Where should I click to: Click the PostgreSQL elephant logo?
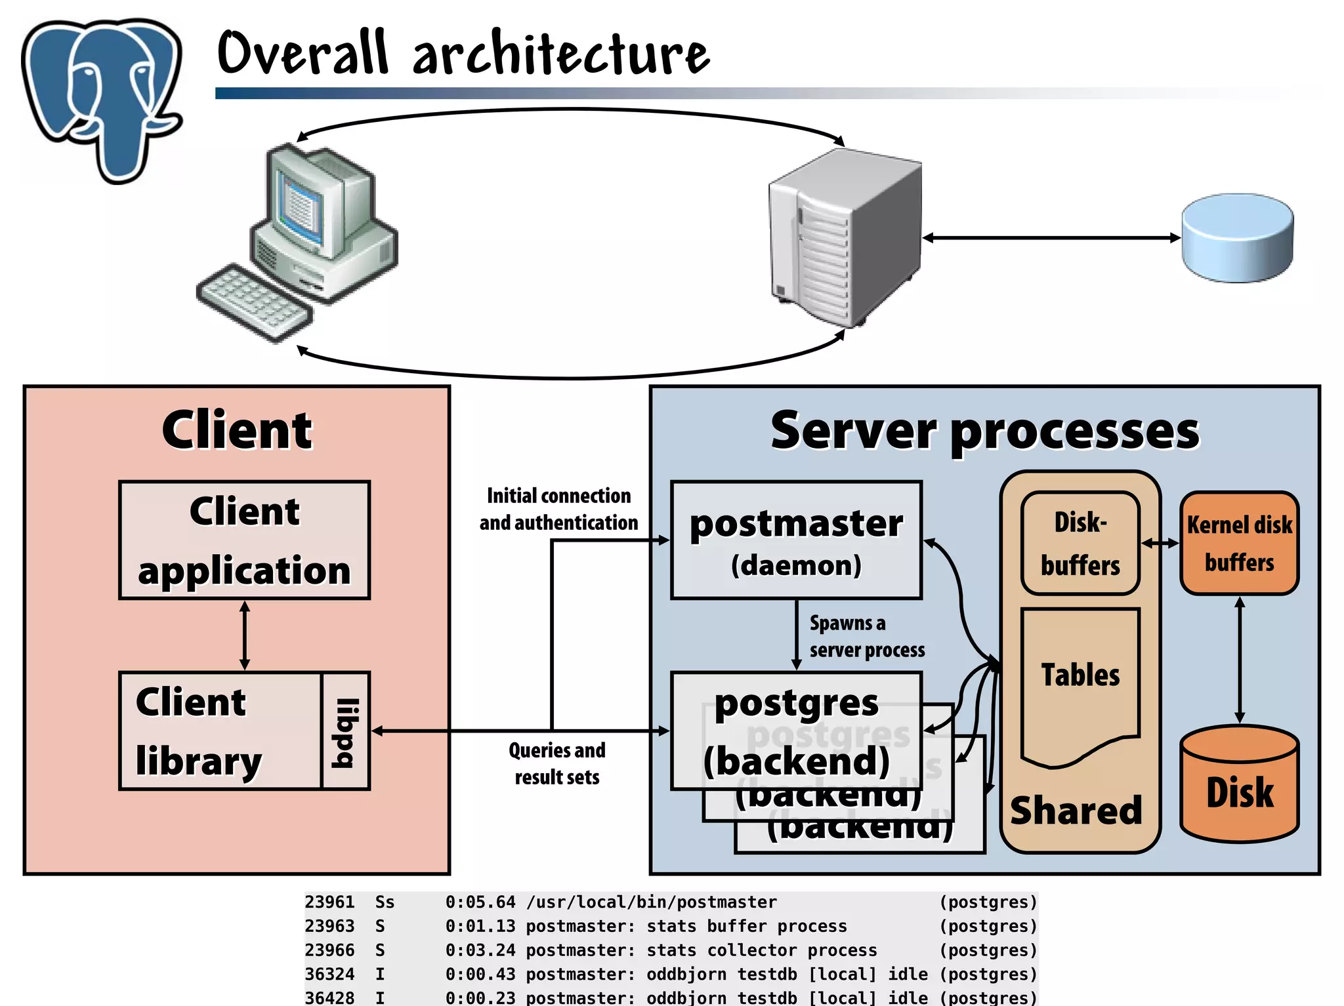point(102,98)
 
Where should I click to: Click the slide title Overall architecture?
point(463,54)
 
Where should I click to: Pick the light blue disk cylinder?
point(1237,237)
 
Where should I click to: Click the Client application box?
point(244,540)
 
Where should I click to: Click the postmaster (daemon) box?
point(796,540)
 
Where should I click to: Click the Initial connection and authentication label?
point(558,509)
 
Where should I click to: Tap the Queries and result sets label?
point(556,763)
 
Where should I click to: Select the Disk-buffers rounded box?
point(1080,543)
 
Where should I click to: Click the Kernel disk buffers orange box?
point(1239,543)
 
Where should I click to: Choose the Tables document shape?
point(1080,682)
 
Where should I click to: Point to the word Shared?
point(1076,811)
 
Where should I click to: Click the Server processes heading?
point(984,432)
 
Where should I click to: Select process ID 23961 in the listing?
point(329,902)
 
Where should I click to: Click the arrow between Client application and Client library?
point(245,635)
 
